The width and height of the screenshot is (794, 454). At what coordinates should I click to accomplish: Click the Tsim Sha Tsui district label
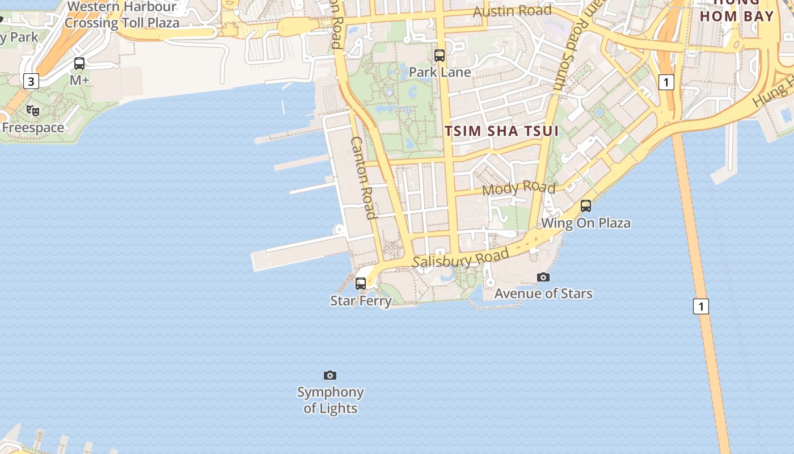pyautogui.click(x=501, y=131)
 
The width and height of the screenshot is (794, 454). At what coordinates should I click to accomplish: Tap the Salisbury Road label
pyautogui.click(x=460, y=259)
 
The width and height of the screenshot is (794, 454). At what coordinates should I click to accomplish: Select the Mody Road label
pyautogui.click(x=518, y=188)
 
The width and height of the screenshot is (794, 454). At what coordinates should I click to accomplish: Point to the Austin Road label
pyautogui.click(x=512, y=11)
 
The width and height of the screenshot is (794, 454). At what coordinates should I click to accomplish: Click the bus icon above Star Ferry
pyautogui.click(x=361, y=283)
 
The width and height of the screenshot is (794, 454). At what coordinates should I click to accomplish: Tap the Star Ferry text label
pyautogui.click(x=361, y=300)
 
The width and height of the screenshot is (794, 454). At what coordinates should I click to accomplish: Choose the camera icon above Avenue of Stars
pyautogui.click(x=543, y=277)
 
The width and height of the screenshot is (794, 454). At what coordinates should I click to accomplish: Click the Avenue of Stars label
pyautogui.click(x=543, y=293)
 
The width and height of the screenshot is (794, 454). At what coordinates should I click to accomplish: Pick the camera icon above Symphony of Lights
pyautogui.click(x=330, y=375)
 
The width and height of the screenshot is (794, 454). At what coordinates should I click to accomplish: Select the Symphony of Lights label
pyautogui.click(x=330, y=400)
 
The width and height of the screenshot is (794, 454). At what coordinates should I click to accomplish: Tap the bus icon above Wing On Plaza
pyautogui.click(x=586, y=206)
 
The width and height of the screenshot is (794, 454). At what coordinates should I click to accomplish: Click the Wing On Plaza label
pyautogui.click(x=586, y=222)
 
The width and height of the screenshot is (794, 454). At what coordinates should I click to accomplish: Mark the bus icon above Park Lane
pyautogui.click(x=440, y=55)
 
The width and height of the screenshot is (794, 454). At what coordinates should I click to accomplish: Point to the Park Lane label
pyautogui.click(x=440, y=72)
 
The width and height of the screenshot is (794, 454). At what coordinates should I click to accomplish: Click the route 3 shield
pyautogui.click(x=31, y=82)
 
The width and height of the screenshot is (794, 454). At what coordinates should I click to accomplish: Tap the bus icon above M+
pyautogui.click(x=79, y=64)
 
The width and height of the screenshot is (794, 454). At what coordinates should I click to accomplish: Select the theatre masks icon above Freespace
pyautogui.click(x=33, y=111)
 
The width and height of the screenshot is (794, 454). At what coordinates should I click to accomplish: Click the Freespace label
pyautogui.click(x=33, y=128)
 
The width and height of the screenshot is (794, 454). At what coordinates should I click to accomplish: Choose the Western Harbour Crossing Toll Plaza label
pyautogui.click(x=122, y=15)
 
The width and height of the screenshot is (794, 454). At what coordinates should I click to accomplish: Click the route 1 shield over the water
pyautogui.click(x=701, y=306)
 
